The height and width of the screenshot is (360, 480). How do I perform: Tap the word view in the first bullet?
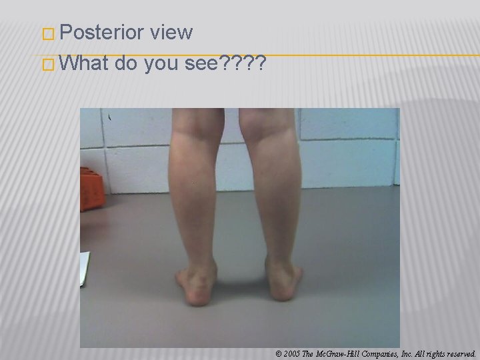(171, 32)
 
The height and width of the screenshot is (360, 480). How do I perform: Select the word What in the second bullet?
(84, 64)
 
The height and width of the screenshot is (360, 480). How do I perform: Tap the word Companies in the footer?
(380, 353)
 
